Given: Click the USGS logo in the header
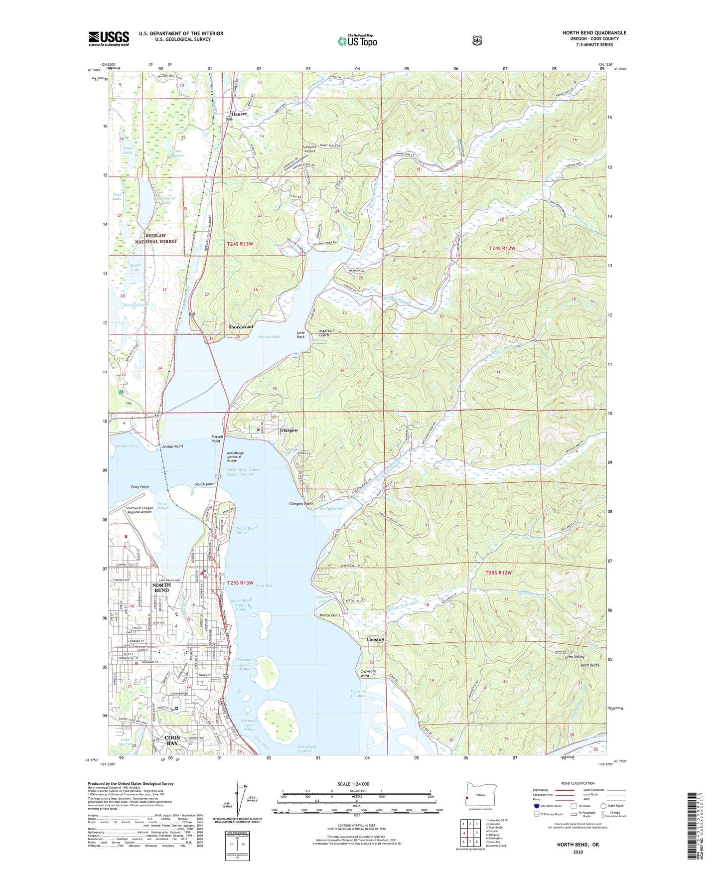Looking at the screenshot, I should click(109, 38).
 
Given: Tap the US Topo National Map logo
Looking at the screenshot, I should click(357, 41).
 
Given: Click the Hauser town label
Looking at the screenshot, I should click(239, 114).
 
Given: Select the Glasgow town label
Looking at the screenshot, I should click(289, 430).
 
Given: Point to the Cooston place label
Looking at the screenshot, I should click(375, 639).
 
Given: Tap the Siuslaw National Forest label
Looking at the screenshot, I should click(156, 238).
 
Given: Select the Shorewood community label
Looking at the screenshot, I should click(241, 327).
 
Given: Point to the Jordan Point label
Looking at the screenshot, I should click(172, 446).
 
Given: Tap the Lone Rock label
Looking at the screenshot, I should click(300, 335).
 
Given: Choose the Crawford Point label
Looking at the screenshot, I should click(368, 674).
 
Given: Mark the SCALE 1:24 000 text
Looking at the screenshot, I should click(353, 784).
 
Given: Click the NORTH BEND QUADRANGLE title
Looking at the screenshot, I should click(594, 33).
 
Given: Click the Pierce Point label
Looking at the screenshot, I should click(329, 615).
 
